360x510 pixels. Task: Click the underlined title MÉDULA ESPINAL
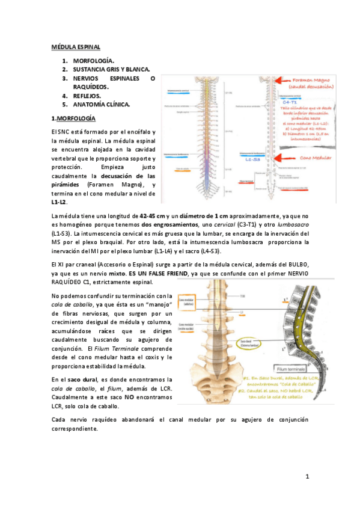pos(75,46)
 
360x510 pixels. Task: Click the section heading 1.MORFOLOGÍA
pos(74,118)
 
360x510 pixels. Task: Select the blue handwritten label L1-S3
pos(252,160)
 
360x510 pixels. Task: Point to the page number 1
pos(307,478)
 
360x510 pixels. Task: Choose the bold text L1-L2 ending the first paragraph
pos(59,202)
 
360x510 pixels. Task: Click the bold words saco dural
pos(82,379)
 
